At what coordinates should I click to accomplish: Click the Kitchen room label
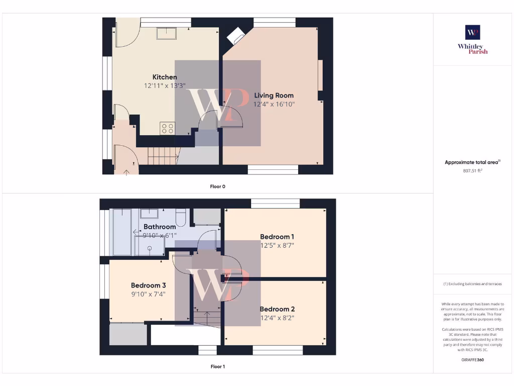[165, 77]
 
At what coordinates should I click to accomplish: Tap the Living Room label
[274, 95]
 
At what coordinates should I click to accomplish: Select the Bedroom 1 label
[277, 237]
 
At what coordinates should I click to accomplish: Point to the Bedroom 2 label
[277, 309]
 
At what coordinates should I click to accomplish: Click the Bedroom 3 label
[148, 285]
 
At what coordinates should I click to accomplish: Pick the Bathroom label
[160, 227]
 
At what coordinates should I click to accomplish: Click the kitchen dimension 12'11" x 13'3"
[165, 86]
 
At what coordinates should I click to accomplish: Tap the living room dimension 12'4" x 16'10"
[274, 105]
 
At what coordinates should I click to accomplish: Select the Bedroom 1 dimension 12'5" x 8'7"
[277, 246]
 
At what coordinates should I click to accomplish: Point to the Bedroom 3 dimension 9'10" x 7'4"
[148, 295]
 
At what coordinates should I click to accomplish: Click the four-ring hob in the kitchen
[168, 129]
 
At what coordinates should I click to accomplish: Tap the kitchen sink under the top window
[166, 33]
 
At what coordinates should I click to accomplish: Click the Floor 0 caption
[217, 186]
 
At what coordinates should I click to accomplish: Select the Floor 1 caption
[217, 367]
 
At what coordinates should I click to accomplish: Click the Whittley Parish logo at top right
[472, 39]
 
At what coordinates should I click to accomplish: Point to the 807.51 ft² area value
[472, 171]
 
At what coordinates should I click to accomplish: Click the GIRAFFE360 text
[472, 360]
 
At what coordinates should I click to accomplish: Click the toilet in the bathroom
[181, 217]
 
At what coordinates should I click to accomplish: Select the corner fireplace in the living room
[235, 36]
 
